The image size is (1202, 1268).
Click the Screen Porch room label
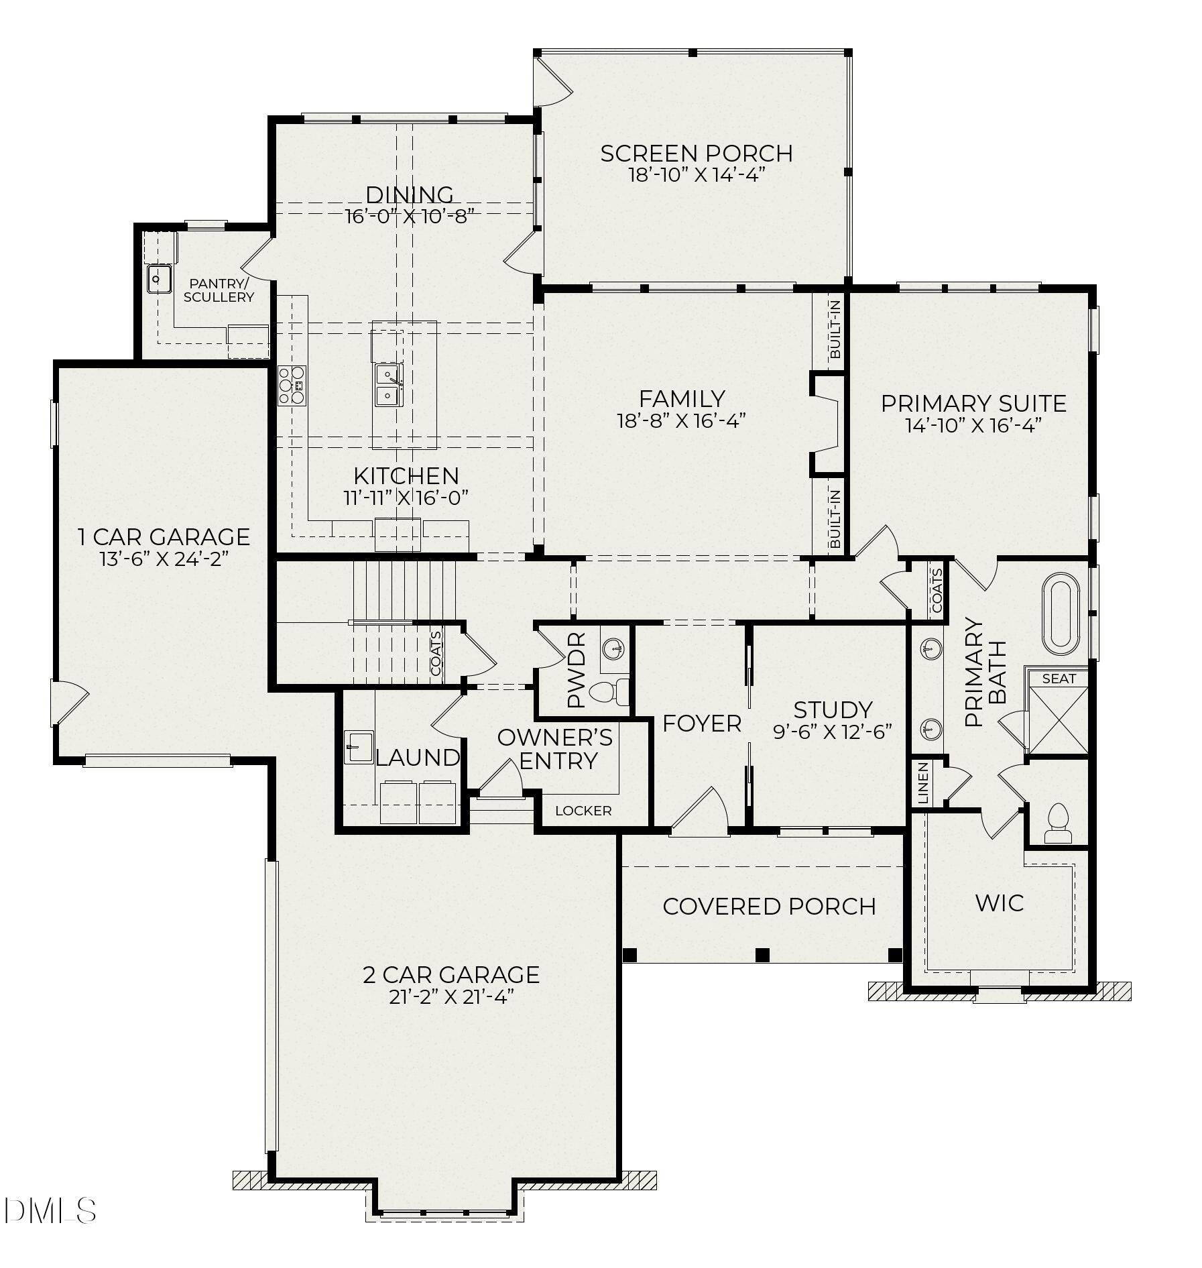click(696, 154)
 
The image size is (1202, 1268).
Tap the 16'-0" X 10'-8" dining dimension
click(410, 217)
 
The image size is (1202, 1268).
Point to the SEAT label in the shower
click(1059, 679)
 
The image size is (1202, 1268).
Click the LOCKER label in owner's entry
click(583, 811)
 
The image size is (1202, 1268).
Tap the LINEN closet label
click(923, 783)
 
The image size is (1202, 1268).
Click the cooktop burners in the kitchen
click(292, 386)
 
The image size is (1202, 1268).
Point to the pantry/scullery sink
click(159, 279)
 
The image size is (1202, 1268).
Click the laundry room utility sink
click(359, 747)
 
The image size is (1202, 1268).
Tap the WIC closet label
click(999, 903)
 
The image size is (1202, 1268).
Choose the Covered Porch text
click(769, 907)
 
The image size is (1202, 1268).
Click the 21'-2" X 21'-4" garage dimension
click(450, 997)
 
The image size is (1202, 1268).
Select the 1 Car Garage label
click(164, 537)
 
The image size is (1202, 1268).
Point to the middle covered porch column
click(762, 954)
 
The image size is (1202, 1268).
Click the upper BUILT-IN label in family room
click(835, 329)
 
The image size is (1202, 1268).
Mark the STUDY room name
click(833, 709)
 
